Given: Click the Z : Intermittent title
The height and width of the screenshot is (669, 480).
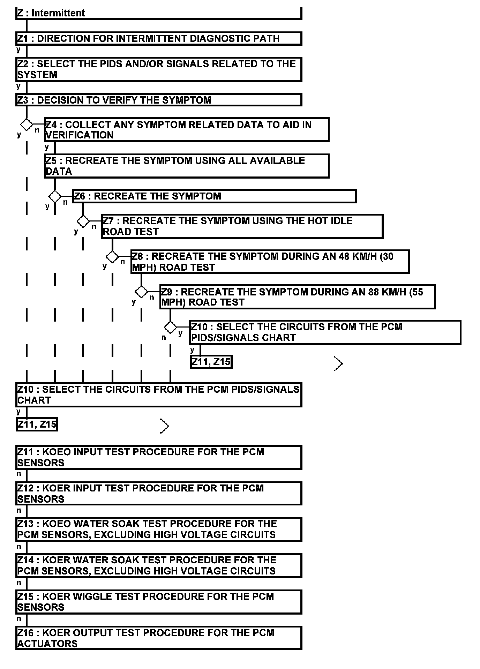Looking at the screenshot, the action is click(51, 13).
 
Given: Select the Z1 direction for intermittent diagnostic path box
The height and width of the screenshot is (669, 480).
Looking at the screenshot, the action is click(159, 38).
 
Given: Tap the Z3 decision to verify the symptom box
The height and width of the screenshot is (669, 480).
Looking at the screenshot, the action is click(159, 100).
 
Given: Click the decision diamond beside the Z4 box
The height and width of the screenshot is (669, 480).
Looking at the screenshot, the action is click(27, 125).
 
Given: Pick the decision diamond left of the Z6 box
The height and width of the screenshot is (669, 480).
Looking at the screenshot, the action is click(55, 196).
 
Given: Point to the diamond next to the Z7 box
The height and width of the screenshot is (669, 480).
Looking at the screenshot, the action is click(83, 221).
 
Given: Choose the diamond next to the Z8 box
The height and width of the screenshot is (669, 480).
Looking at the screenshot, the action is click(112, 257).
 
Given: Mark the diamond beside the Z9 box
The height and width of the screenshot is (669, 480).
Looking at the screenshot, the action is click(141, 292).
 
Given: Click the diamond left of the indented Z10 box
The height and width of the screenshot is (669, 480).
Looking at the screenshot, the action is click(170, 328).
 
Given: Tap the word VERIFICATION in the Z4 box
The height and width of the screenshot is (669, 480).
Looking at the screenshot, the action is click(80, 135).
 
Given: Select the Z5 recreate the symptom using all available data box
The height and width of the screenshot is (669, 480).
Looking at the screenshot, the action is click(187, 166).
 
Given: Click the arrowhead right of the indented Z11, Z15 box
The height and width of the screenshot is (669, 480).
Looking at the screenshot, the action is click(338, 364).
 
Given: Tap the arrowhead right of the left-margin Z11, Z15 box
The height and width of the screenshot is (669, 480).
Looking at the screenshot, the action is click(165, 426).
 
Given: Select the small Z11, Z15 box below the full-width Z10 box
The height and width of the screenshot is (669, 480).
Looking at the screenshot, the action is click(37, 424).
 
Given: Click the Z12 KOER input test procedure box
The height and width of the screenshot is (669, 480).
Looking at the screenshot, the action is click(159, 494).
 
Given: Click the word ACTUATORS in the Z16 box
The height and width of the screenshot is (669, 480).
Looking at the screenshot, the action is click(47, 644).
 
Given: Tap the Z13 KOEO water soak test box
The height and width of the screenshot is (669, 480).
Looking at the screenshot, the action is click(159, 529).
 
